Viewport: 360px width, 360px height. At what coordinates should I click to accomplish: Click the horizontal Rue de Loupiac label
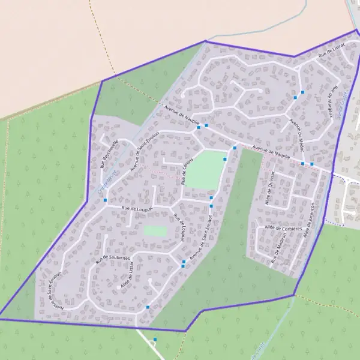(137, 208)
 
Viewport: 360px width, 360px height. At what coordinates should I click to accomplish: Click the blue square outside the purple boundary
(155, 340)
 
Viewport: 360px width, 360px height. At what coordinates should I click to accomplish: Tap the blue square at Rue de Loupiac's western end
(105, 200)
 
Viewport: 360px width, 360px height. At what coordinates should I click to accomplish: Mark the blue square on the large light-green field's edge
(225, 159)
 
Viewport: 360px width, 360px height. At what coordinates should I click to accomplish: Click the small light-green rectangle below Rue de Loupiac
(155, 230)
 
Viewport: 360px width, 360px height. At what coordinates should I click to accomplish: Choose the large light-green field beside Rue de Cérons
(206, 169)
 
